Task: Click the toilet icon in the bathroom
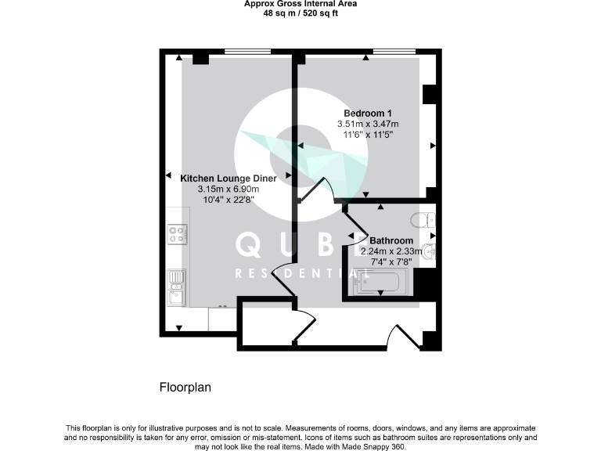coord(425,220)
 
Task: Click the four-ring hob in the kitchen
coord(177,233)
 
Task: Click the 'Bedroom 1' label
coord(368,114)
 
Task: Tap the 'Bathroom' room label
coord(391,240)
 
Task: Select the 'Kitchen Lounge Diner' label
coord(228,179)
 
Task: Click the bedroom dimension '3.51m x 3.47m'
coord(368,124)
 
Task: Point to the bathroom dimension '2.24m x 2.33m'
coord(390,251)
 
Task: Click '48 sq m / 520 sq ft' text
coord(300,13)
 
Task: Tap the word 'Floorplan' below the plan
coord(185,387)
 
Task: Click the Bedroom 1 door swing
coord(321,189)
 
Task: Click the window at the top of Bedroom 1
coord(394,52)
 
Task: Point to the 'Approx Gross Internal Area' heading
coord(300,4)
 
